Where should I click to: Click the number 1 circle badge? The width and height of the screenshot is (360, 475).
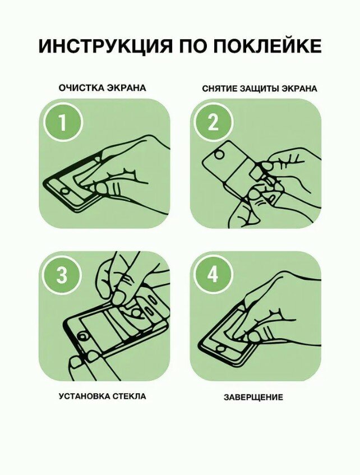(x=63, y=122)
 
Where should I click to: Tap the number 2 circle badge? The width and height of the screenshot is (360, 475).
(x=214, y=122)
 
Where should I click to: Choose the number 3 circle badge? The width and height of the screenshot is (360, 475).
(x=62, y=275)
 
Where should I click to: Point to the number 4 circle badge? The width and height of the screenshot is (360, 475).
(x=214, y=275)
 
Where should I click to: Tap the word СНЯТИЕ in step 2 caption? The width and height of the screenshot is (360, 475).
(x=220, y=89)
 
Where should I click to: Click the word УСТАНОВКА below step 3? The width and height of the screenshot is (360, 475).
(x=84, y=396)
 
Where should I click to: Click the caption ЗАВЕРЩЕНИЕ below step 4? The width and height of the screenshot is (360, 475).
(x=253, y=397)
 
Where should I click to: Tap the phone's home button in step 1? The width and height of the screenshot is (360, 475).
(x=64, y=191)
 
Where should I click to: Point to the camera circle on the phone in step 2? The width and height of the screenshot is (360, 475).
(x=220, y=154)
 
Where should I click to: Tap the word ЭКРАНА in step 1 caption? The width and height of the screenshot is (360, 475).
(x=127, y=88)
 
